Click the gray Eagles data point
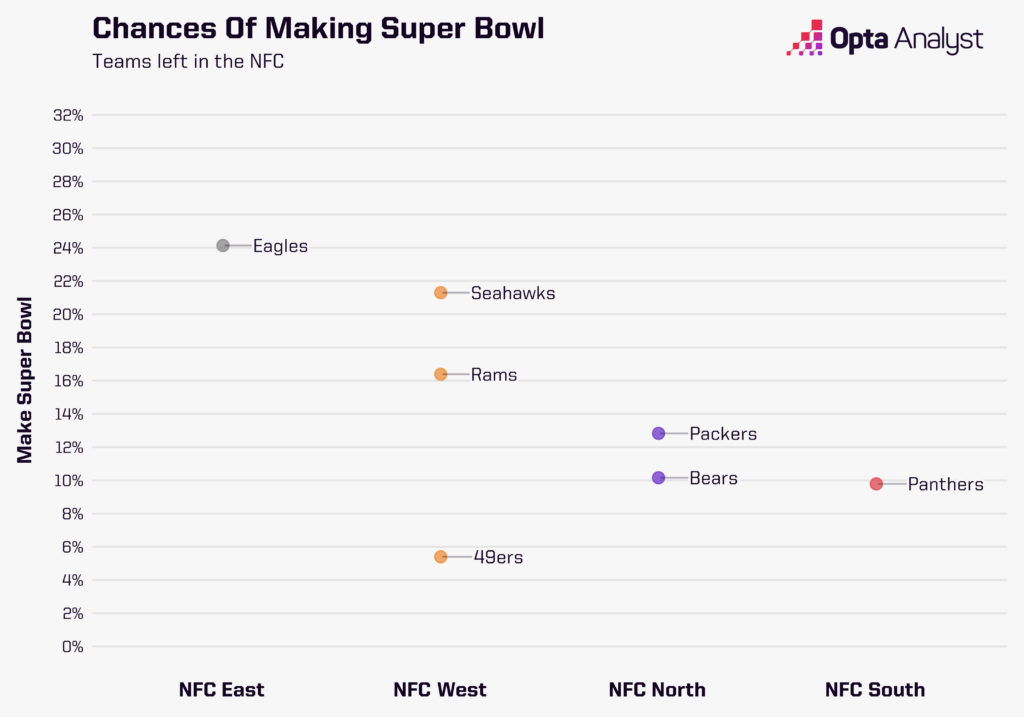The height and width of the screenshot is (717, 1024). click(x=223, y=246)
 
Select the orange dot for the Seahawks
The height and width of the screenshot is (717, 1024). click(x=441, y=293)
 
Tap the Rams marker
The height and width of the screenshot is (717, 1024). click(x=441, y=374)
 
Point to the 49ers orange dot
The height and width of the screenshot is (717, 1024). click(x=441, y=557)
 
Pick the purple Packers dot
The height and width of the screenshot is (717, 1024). click(x=658, y=434)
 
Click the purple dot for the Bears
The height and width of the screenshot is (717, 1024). click(x=658, y=478)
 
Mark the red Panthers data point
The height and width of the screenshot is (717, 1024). click(x=876, y=484)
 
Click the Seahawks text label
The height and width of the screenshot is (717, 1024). click(x=512, y=294)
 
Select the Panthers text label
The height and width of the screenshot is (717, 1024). click(x=945, y=485)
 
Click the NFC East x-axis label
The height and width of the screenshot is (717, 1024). click(x=222, y=690)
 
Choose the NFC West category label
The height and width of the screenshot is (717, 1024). click(x=440, y=690)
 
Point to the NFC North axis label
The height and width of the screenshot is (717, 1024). click(x=657, y=690)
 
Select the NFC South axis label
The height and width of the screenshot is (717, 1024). click(x=875, y=690)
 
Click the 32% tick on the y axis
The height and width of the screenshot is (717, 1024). click(x=66, y=115)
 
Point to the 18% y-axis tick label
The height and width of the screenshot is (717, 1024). click(x=66, y=348)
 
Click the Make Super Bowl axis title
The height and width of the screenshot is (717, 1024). click(x=25, y=380)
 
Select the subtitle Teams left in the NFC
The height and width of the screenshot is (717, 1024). click(x=188, y=61)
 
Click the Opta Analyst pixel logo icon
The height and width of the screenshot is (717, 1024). click(x=805, y=37)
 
